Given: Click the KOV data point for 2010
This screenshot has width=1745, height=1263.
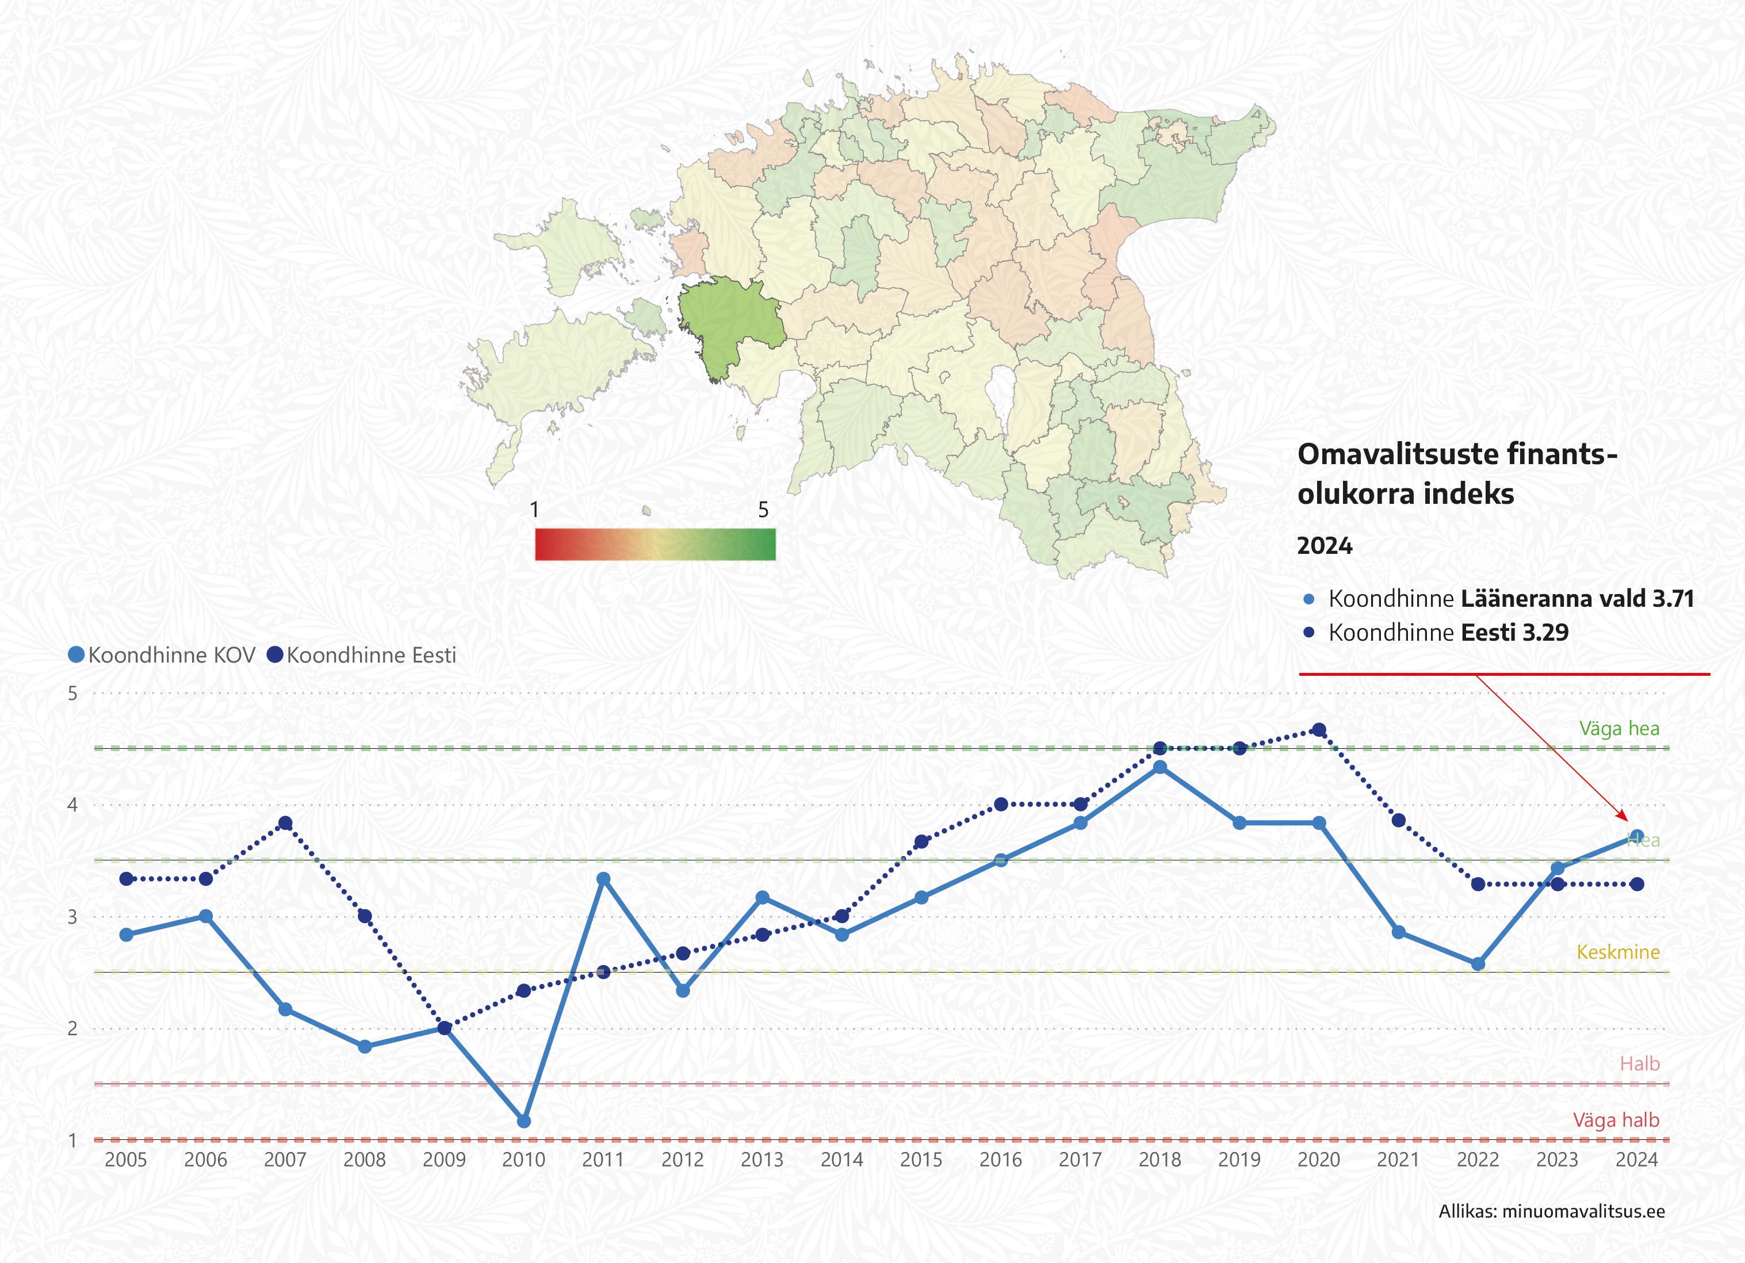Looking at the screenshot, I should tap(523, 1122).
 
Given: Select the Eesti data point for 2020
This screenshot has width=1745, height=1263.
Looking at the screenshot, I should tap(1319, 730).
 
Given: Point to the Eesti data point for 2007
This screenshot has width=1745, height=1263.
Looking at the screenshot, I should tap(285, 823).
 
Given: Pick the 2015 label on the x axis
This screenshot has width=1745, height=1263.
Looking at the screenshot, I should tap(921, 1160).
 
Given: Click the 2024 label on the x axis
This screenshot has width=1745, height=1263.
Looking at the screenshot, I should tap(1636, 1160).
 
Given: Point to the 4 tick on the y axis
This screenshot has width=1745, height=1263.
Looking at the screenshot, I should tap(73, 805).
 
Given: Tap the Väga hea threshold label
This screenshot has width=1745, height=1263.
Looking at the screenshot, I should tap(1619, 729).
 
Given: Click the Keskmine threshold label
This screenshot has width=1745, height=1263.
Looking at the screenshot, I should tap(1618, 952).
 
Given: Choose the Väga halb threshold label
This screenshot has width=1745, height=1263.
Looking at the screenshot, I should tap(1616, 1120).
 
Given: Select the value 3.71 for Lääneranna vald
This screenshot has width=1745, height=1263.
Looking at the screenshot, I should tap(1673, 598).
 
